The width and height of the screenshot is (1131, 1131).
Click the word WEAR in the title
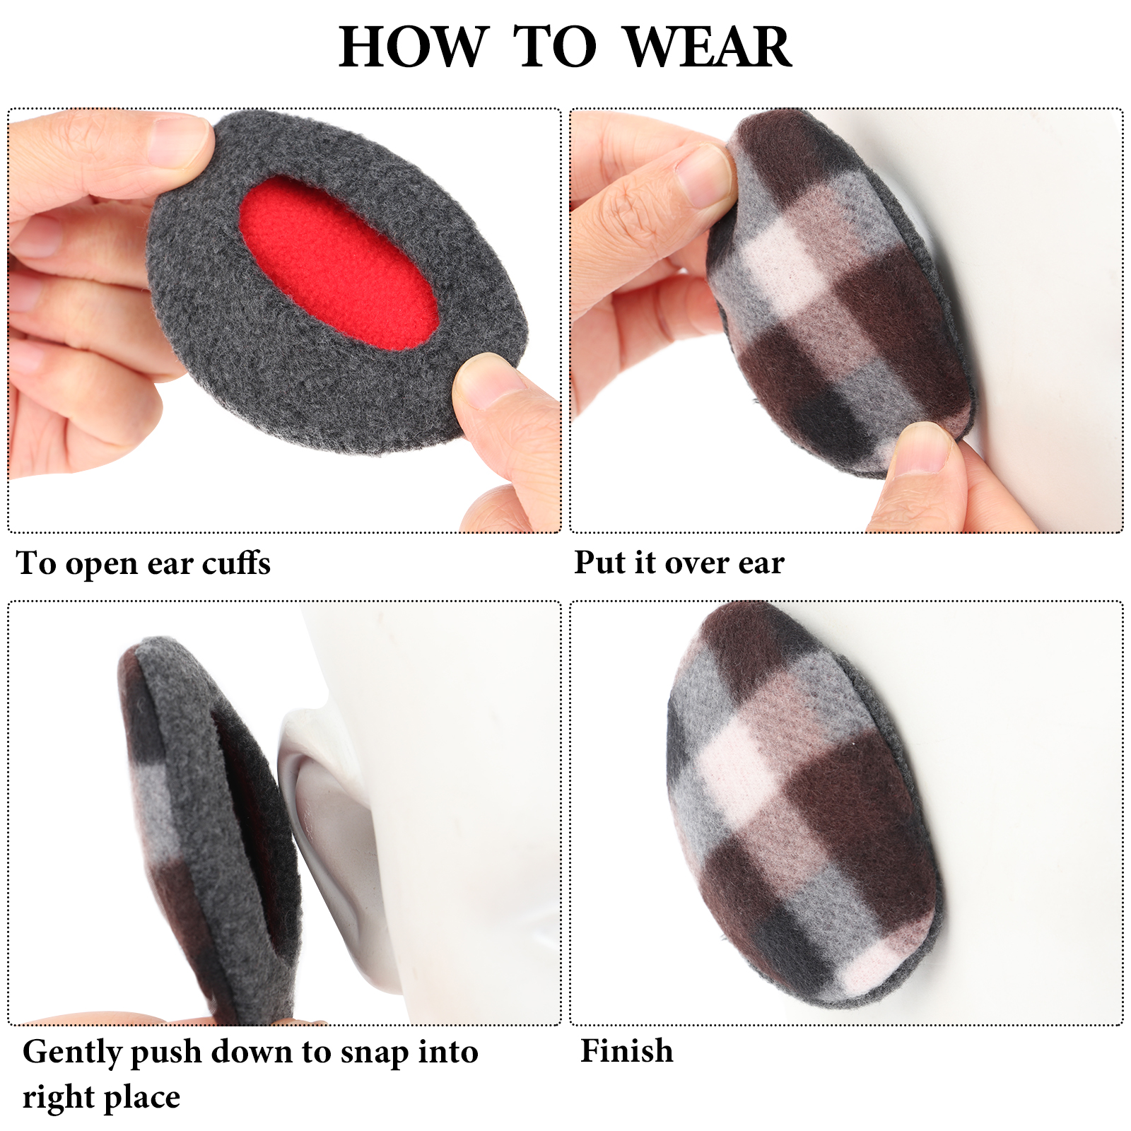pyautogui.click(x=708, y=47)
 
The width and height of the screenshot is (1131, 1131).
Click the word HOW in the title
pyautogui.click(x=414, y=47)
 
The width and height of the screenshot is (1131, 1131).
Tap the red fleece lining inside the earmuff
pyautogui.click(x=338, y=262)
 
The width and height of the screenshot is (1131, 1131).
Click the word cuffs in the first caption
pyautogui.click(x=236, y=563)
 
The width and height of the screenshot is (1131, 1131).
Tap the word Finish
pyautogui.click(x=627, y=1050)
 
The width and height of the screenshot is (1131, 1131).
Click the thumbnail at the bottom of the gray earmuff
pyautogui.click(x=488, y=382)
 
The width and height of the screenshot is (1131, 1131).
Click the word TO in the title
pyautogui.click(x=556, y=47)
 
